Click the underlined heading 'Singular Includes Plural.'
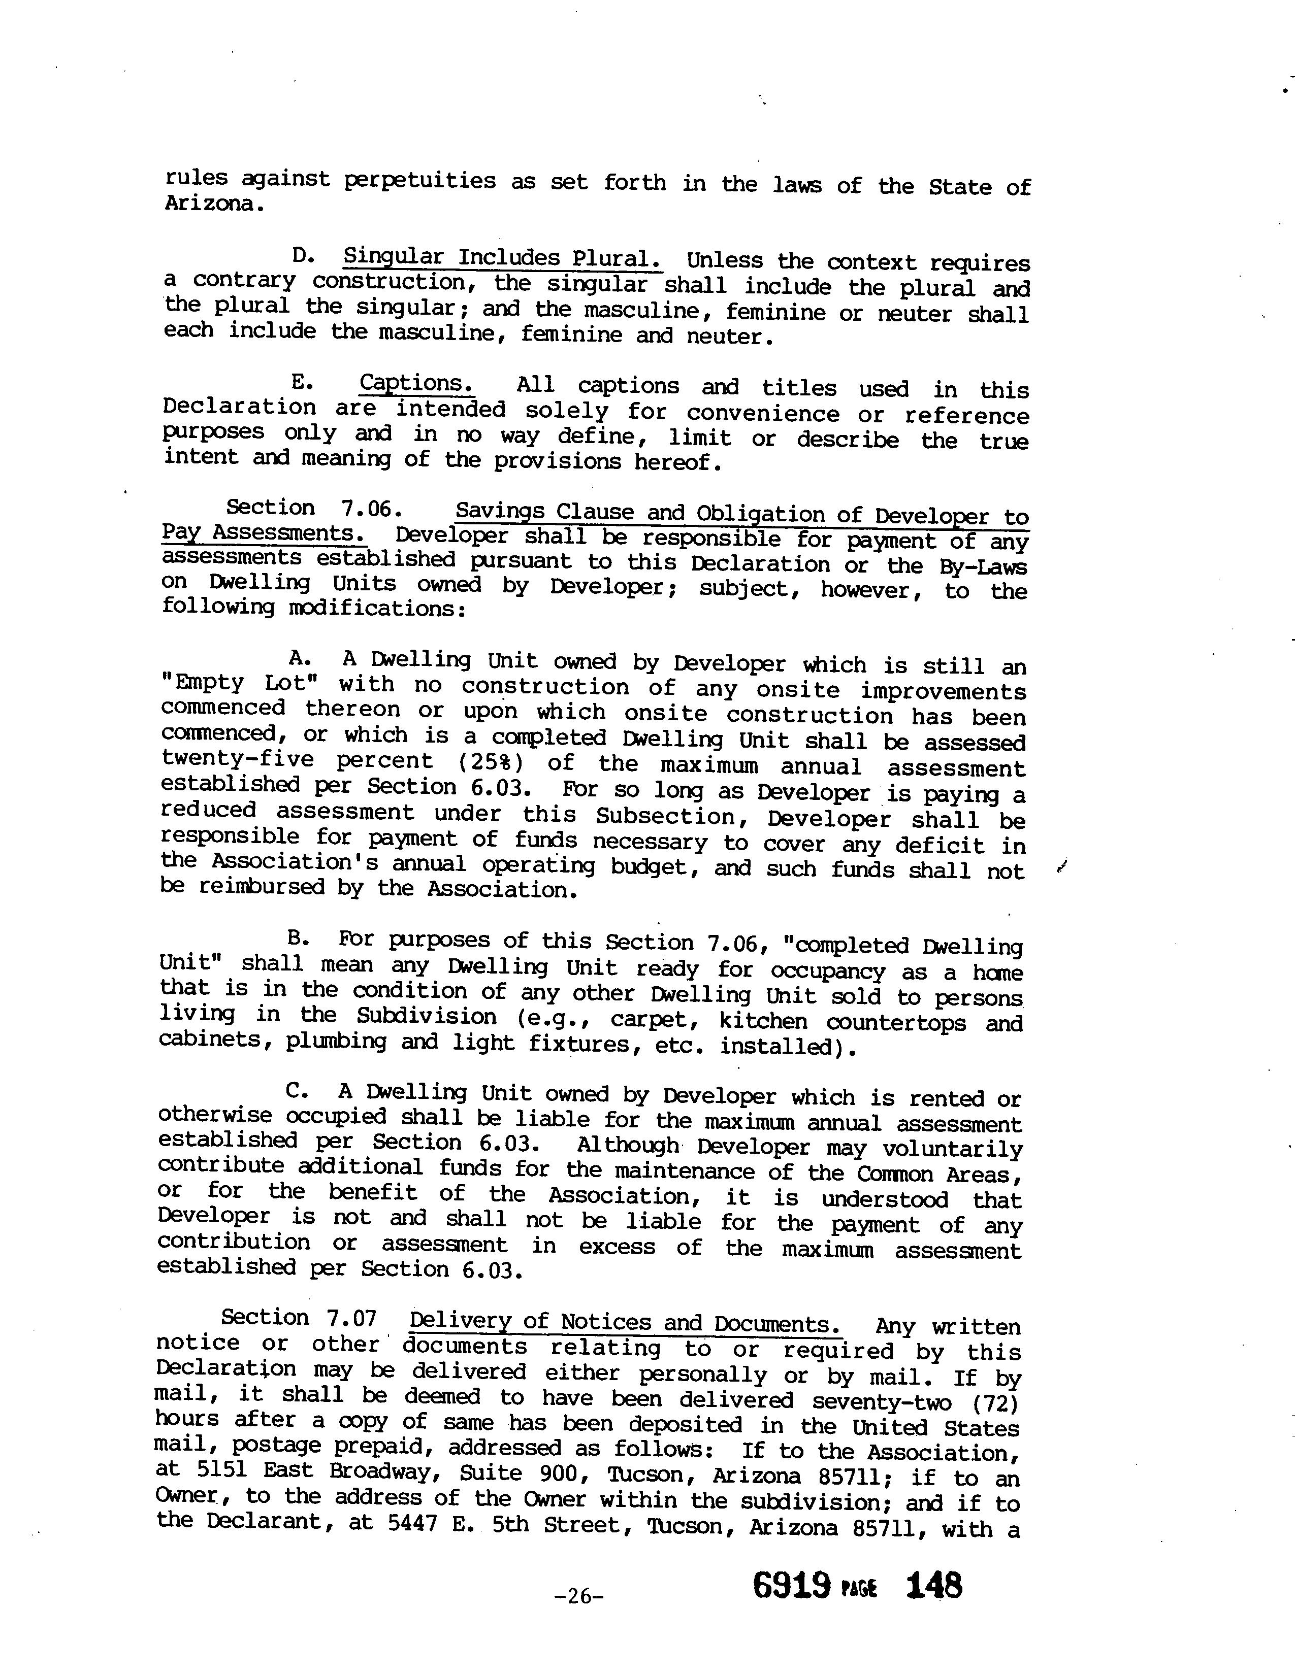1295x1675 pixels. [x=502, y=258]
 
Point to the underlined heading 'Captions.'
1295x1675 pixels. [x=416, y=383]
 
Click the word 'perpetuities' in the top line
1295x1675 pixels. [x=419, y=181]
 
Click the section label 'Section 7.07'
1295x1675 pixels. [x=299, y=1318]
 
